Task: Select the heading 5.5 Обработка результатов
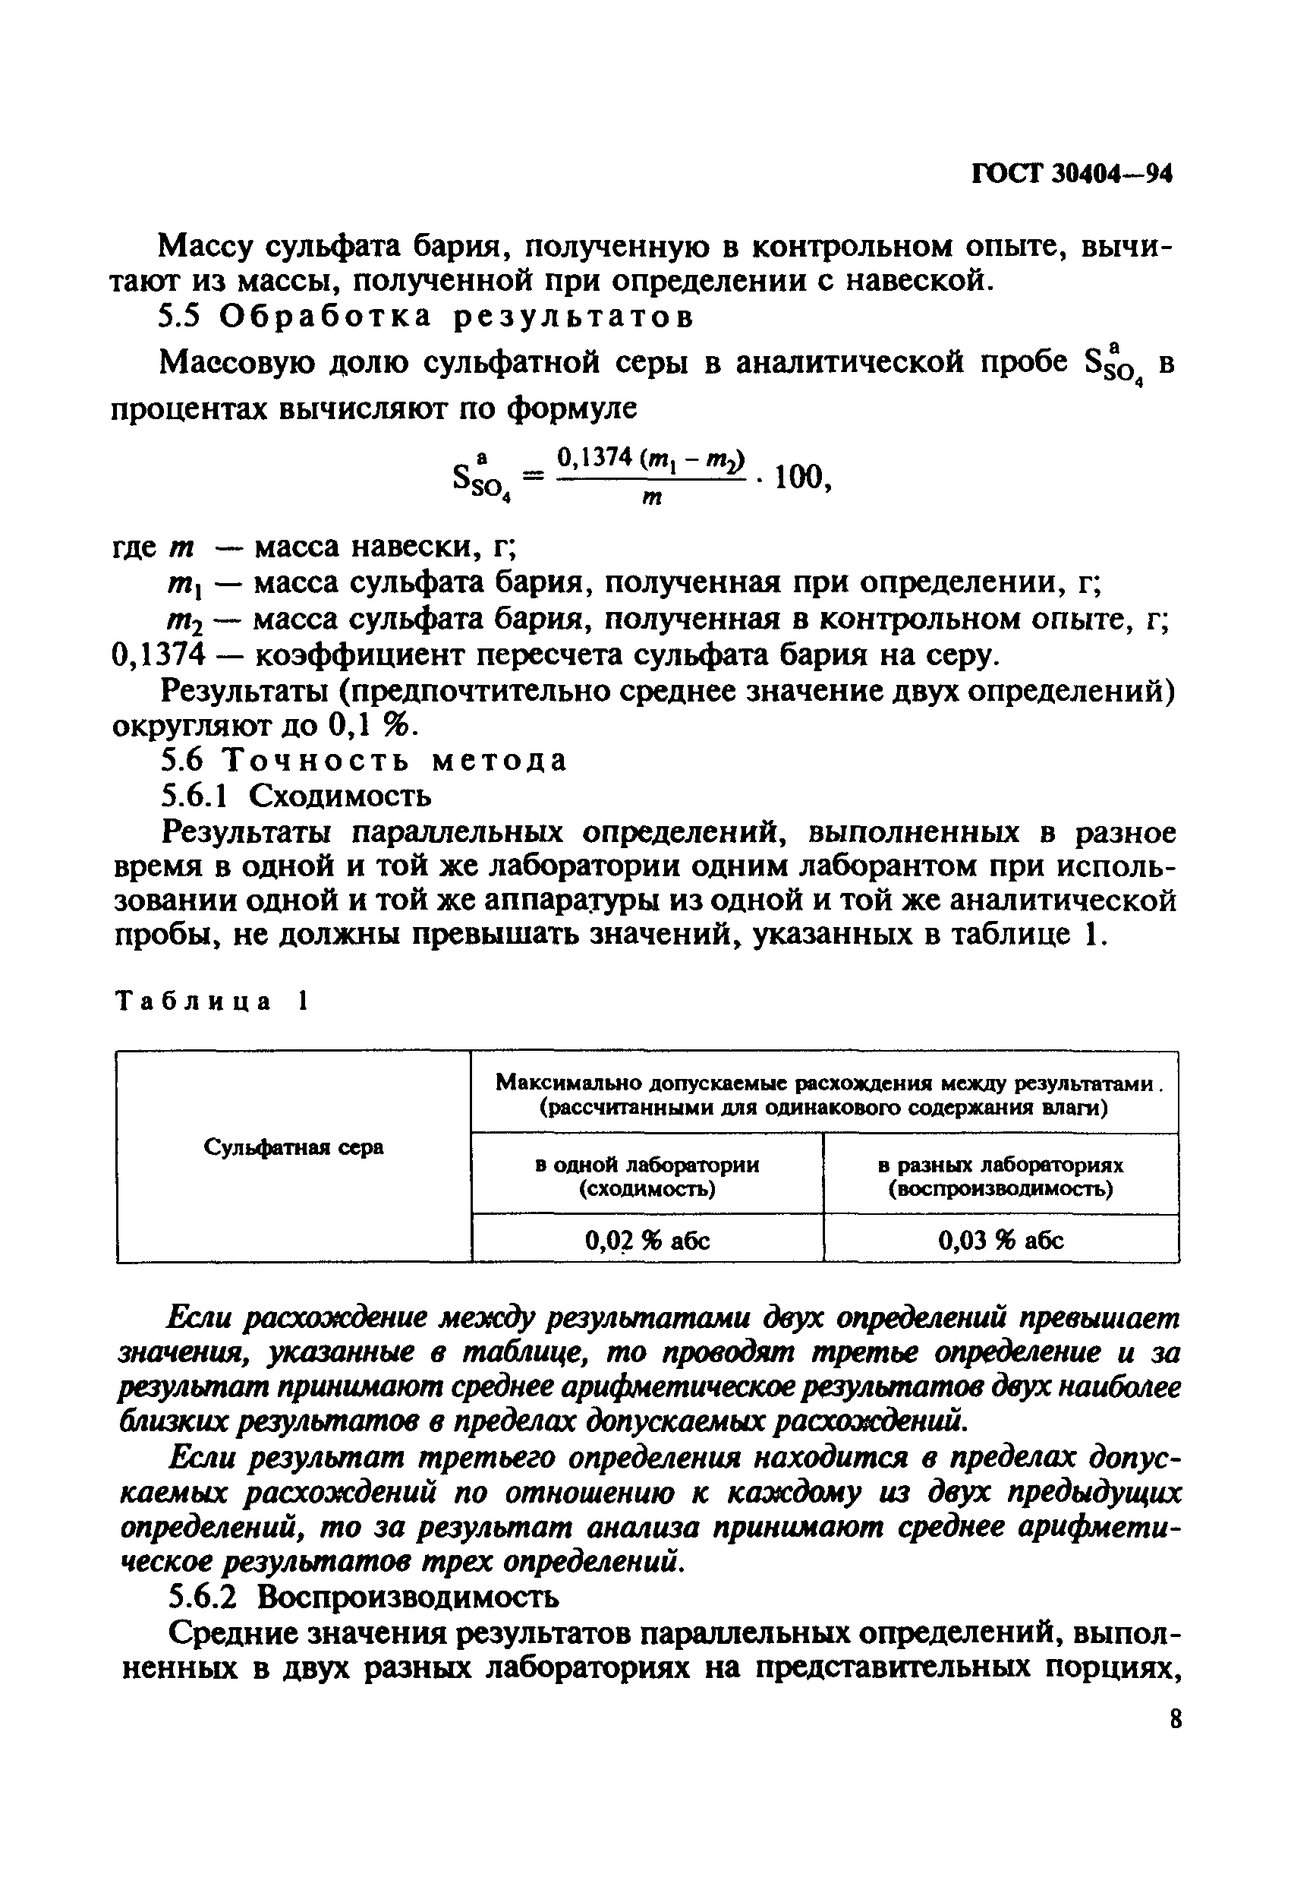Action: pyautogui.click(x=426, y=317)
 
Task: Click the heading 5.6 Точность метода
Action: pyautogui.click(x=364, y=761)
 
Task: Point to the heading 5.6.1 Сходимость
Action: pyautogui.click(x=297, y=796)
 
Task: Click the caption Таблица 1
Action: pyautogui.click(x=212, y=1001)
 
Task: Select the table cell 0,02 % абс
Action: pyautogui.click(x=647, y=1240)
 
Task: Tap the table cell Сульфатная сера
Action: pyautogui.click(x=293, y=1147)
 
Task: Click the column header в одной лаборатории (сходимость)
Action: pyautogui.click(x=647, y=1176)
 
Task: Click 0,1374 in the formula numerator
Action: pyautogui.click(x=594, y=458)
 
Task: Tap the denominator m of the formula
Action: pyautogui.click(x=651, y=500)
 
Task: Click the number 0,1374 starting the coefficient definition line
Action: pyautogui.click(x=156, y=654)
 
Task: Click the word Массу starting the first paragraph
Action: pyautogui.click(x=206, y=245)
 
